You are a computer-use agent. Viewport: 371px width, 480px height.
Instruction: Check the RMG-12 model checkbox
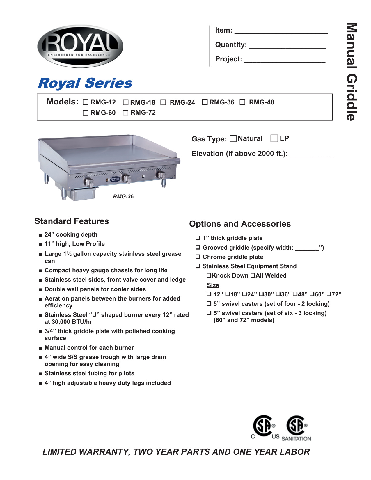86,102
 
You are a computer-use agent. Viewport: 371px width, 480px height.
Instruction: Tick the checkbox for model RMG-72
126,113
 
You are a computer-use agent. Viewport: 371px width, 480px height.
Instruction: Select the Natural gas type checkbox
233,139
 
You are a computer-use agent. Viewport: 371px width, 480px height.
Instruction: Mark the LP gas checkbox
274,138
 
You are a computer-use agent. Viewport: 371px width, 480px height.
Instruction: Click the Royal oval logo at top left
80,46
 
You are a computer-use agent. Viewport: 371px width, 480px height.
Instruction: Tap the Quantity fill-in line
287,46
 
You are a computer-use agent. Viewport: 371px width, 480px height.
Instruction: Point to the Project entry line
285,60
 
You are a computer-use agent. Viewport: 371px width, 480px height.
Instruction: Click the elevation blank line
312,154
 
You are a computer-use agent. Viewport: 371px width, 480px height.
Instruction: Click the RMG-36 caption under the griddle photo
123,197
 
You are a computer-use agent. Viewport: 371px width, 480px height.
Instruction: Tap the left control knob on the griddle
89,182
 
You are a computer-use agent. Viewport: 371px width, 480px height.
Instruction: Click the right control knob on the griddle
161,175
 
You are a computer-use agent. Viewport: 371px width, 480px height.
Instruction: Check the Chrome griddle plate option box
198,257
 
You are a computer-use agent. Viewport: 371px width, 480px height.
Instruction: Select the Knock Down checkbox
209,275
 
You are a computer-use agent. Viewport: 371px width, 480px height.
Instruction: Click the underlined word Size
213,285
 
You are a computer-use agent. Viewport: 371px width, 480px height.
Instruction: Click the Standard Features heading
72,221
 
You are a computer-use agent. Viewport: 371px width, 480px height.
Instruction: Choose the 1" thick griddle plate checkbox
198,238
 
